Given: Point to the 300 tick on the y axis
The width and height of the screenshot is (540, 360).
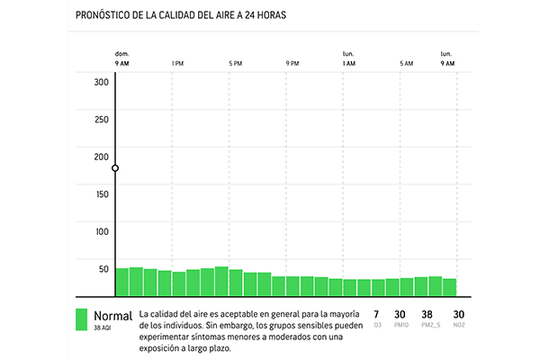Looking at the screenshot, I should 101,82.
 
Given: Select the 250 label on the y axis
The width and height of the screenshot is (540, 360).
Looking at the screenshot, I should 101,120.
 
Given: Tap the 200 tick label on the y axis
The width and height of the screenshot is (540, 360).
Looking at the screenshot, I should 101,157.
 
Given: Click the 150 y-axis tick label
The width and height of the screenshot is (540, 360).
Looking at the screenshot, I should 101,194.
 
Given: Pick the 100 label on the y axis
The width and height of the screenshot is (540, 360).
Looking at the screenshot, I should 101,232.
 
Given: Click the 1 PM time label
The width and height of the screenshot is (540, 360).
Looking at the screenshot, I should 177,64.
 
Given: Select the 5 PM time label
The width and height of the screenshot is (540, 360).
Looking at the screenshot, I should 236,64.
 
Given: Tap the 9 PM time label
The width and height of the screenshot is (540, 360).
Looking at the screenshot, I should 292,64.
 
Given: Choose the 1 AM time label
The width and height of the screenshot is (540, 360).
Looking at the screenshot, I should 349,64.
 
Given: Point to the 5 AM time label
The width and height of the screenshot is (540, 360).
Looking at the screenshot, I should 407,64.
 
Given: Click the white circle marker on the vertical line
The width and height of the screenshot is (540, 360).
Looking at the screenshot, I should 115,168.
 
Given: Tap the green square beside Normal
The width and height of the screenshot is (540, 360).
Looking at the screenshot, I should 81,320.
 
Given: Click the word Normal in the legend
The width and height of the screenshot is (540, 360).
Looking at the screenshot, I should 112,316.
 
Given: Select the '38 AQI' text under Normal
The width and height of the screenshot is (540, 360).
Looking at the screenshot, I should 103,329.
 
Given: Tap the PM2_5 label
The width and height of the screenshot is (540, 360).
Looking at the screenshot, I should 432,325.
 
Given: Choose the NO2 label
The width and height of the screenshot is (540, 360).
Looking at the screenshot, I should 459,325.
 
